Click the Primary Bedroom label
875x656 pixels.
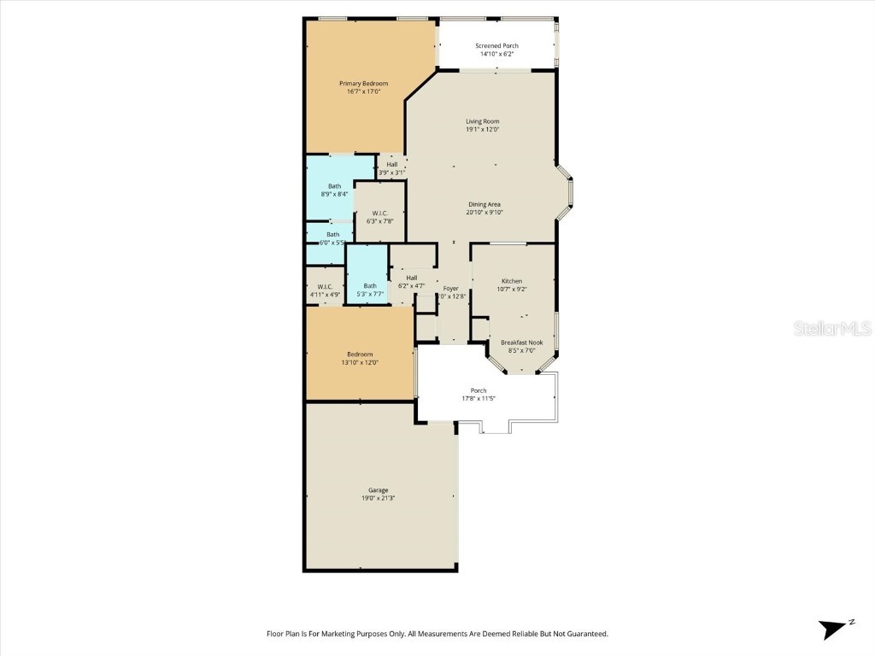[x=363, y=84]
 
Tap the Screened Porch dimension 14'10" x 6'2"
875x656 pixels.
[x=496, y=55]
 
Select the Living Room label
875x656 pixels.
[x=482, y=121]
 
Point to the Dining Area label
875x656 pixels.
[x=484, y=204]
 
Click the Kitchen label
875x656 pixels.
[x=512, y=281]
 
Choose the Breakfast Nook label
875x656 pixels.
[x=521, y=342]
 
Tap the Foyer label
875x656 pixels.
[x=450, y=289]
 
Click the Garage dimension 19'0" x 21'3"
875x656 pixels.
[x=378, y=498]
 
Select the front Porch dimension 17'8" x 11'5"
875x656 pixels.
[x=479, y=399]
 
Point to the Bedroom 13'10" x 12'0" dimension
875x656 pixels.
[x=359, y=362]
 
